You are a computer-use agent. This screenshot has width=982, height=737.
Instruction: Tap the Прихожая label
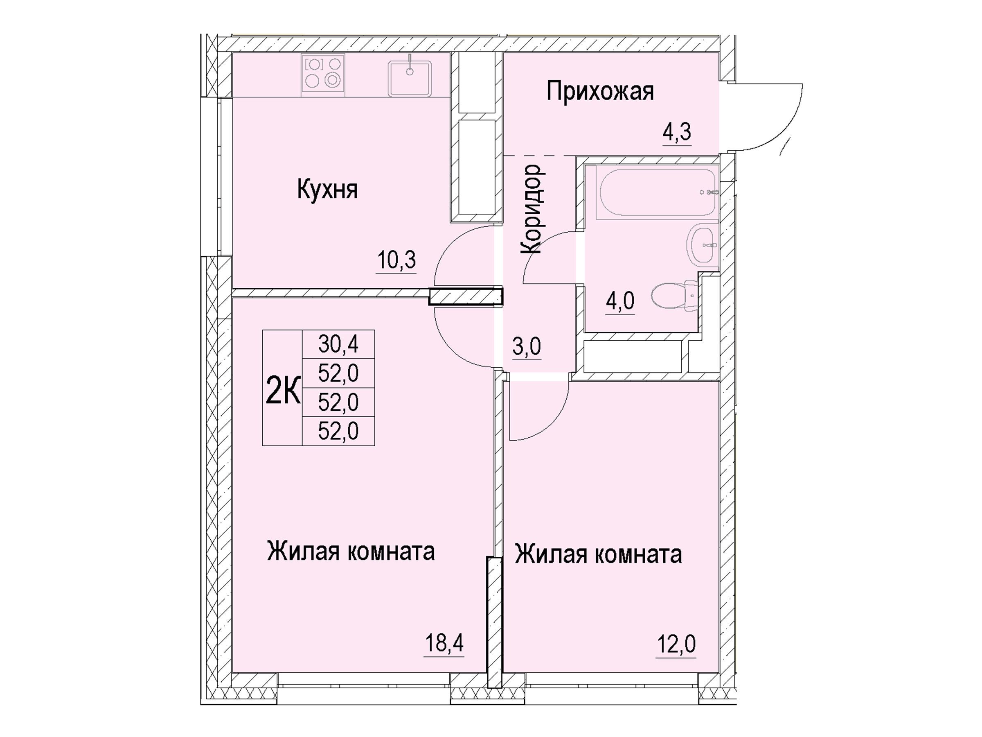tap(600, 92)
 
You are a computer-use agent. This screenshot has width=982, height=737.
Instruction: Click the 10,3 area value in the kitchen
tap(396, 260)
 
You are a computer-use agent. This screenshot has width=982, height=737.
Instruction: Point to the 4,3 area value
tap(677, 132)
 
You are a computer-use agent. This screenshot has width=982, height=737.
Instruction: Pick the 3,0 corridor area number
tap(527, 346)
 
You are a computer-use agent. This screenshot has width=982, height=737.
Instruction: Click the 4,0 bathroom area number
tap(620, 301)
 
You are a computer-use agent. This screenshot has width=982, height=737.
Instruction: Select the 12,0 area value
tap(676, 644)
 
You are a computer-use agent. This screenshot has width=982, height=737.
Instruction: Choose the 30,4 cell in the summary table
tap(338, 344)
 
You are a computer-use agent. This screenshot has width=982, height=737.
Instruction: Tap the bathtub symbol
tap(658, 192)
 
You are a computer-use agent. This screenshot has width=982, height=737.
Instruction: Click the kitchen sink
tap(409, 78)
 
